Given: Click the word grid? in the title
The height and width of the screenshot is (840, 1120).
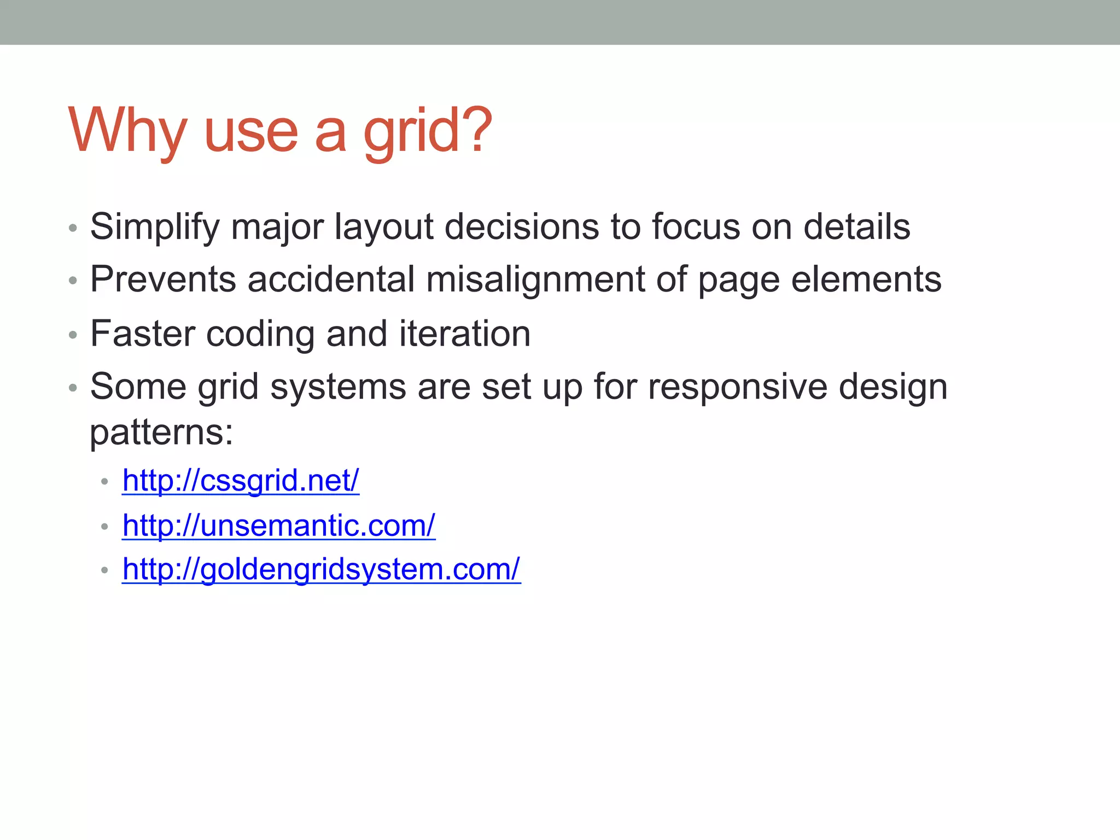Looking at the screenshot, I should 428,131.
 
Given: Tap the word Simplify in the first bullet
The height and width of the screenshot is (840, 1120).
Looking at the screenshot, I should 154,226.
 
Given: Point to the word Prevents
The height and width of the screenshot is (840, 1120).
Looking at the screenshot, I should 163,279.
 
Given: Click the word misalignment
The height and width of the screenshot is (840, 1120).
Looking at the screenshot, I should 535,279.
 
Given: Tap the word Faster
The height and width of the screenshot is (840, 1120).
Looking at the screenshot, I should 143,334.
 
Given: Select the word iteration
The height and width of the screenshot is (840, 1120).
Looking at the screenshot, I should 464,334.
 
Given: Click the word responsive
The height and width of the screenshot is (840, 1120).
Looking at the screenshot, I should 737,387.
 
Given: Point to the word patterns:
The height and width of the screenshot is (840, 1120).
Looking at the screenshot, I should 161,433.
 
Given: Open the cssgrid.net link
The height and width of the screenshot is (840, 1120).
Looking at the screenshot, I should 241,481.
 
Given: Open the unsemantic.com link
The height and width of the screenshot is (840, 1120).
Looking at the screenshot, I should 278,526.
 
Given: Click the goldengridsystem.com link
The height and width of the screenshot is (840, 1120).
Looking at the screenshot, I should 321,569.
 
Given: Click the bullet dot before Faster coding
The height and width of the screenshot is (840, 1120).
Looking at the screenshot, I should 73,335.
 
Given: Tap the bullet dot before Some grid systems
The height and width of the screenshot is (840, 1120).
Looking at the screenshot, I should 73,388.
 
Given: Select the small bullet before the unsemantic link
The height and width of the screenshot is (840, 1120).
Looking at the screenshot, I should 105,527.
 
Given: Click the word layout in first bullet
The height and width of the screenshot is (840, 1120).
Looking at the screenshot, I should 384,226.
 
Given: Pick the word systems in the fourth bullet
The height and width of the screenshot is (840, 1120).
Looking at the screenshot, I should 338,387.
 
